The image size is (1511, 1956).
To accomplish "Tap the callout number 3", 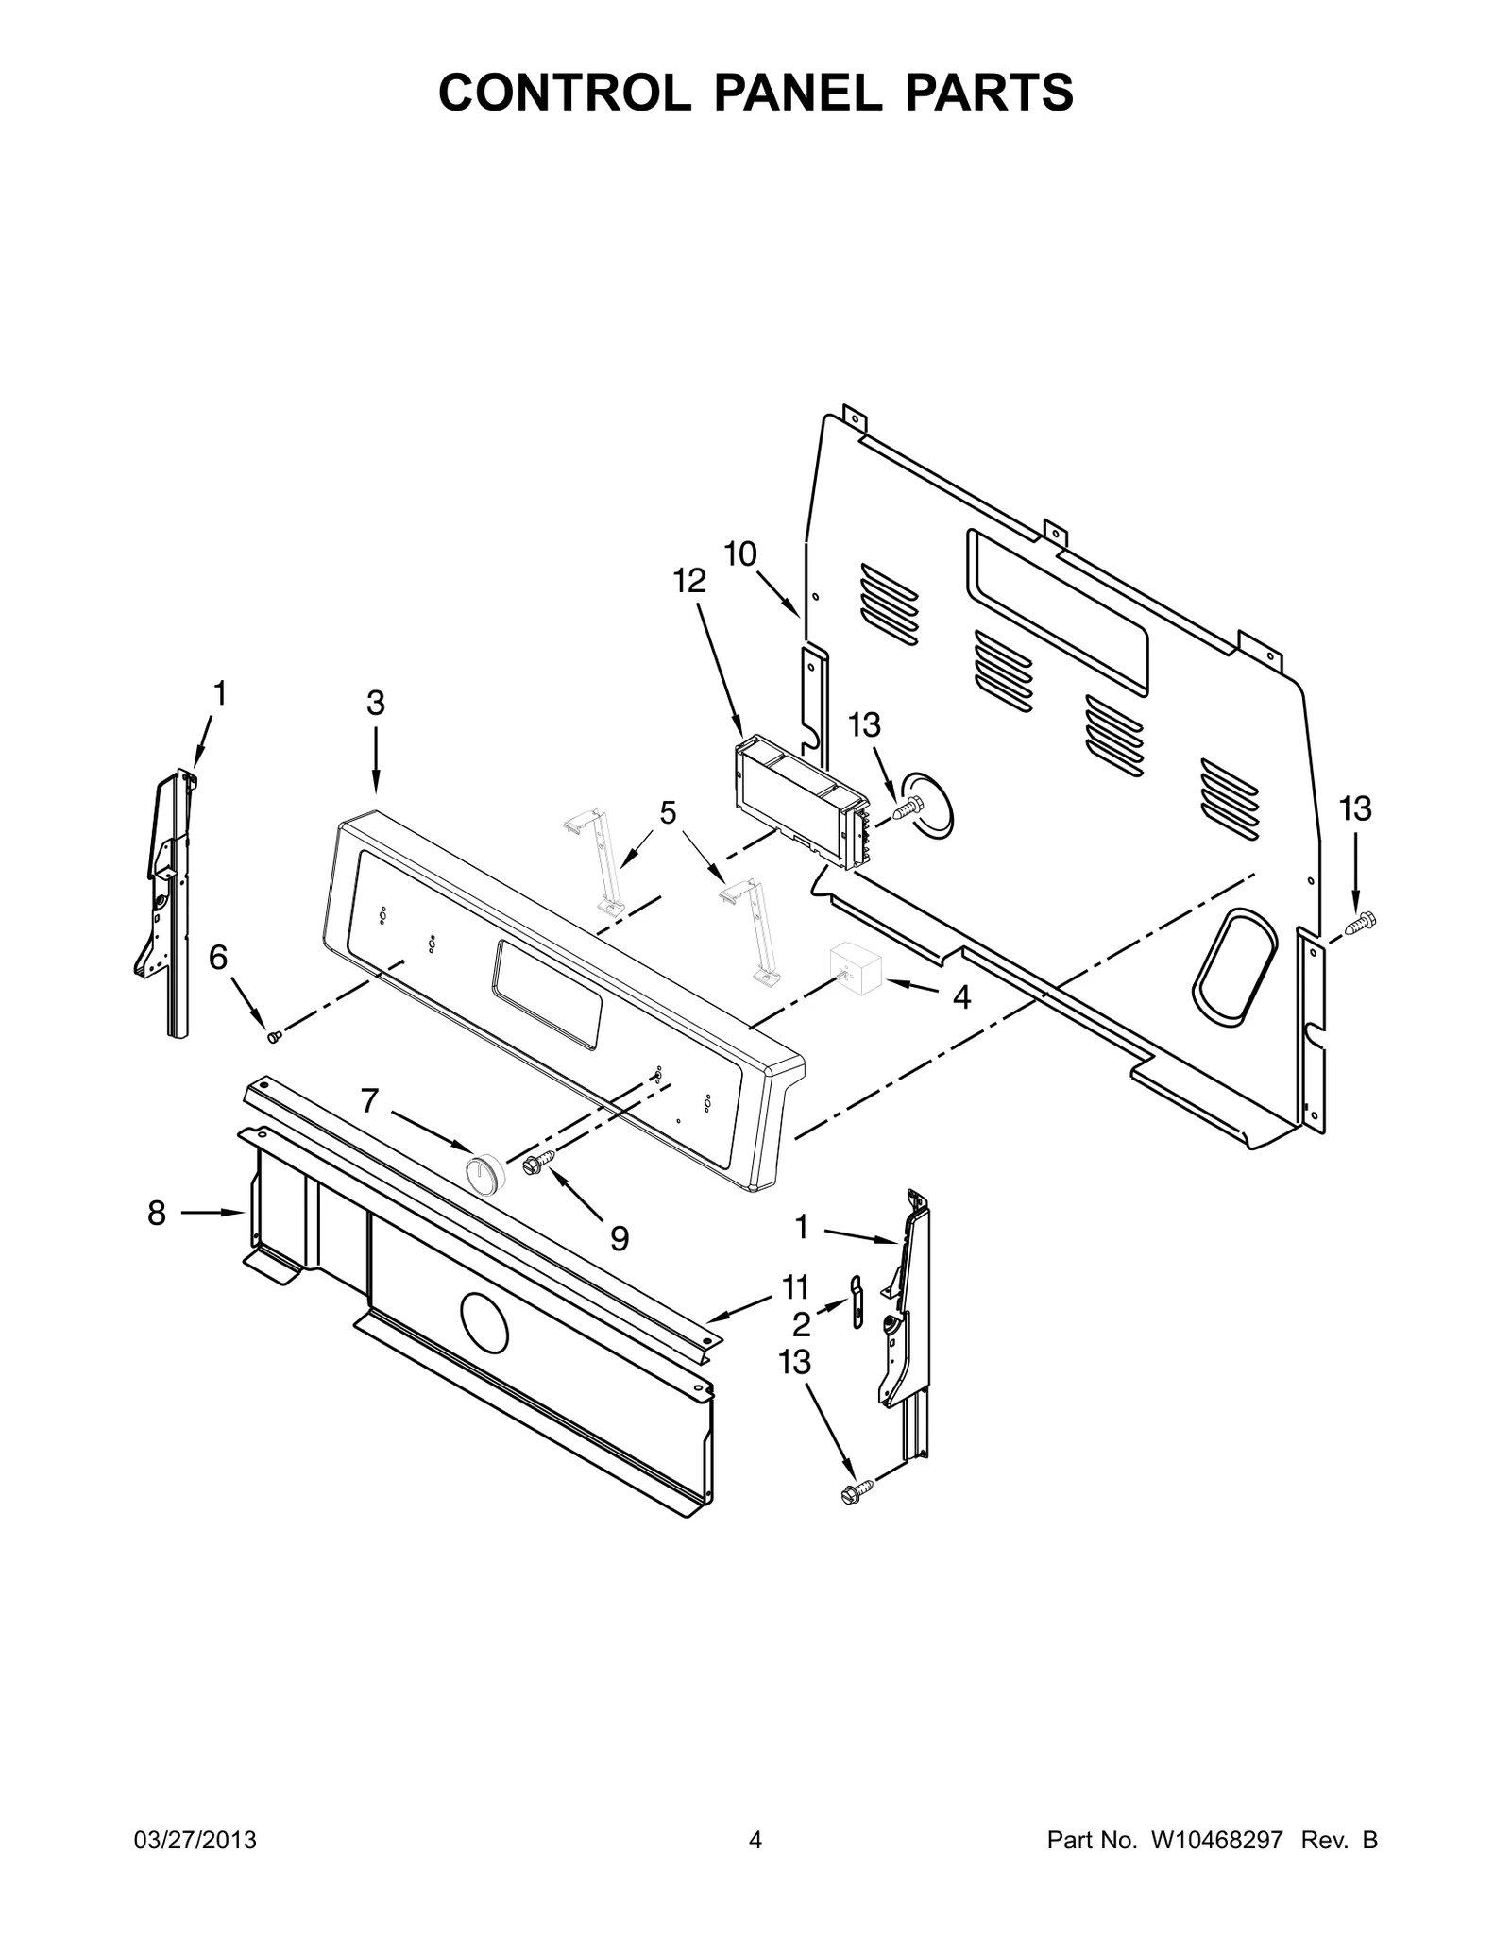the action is [x=376, y=703].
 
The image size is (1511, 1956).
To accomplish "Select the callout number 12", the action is [x=689, y=581].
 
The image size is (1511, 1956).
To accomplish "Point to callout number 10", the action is [x=740, y=553].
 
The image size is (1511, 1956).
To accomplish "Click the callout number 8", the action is [x=157, y=1213].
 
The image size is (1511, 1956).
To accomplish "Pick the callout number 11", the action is [x=795, y=1286].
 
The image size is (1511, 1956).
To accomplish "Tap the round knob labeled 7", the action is [x=484, y=1174].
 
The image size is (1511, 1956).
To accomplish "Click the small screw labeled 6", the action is [x=275, y=1037].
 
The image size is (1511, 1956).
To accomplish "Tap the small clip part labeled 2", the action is [x=856, y=1301].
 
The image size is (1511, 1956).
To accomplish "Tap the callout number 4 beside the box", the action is [x=961, y=997].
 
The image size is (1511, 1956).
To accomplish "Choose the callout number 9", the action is [x=619, y=1238].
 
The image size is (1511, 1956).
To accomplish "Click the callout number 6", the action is [x=218, y=958].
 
